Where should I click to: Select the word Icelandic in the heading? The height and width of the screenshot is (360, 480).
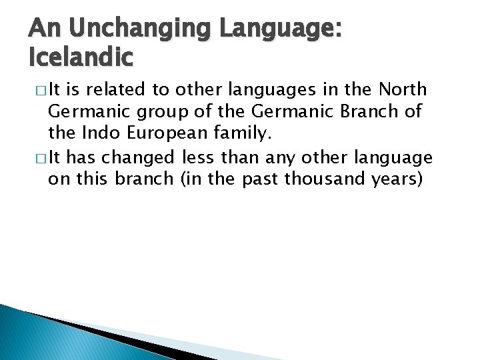pos(81,57)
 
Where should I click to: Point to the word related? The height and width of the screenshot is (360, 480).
pos(115,90)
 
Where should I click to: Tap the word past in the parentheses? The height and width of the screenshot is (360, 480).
pos(259,179)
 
